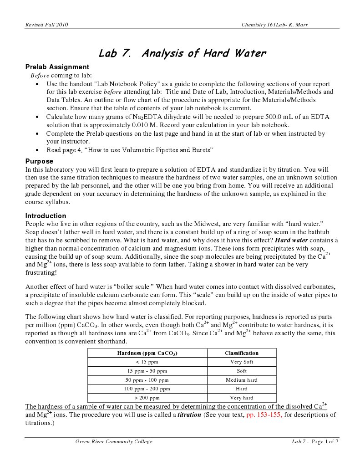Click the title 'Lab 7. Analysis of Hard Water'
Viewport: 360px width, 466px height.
pyautogui.click(x=182, y=53)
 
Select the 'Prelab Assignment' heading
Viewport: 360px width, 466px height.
pyautogui.click(x=57, y=67)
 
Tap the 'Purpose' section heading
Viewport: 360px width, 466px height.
pyautogui.click(x=39, y=161)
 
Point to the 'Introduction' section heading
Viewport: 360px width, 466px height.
pyautogui.click(x=46, y=216)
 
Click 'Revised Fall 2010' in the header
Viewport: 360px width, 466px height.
pyautogui.click(x=46, y=25)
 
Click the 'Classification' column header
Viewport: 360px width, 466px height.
pyautogui.click(x=242, y=353)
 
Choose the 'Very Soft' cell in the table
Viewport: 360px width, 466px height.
pyautogui.click(x=242, y=362)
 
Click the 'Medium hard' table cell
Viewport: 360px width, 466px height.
pyautogui.click(x=242, y=380)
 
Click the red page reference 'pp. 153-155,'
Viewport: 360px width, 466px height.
pyautogui.click(x=264, y=415)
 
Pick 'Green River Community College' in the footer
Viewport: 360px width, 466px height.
pyautogui.click(x=114, y=441)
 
